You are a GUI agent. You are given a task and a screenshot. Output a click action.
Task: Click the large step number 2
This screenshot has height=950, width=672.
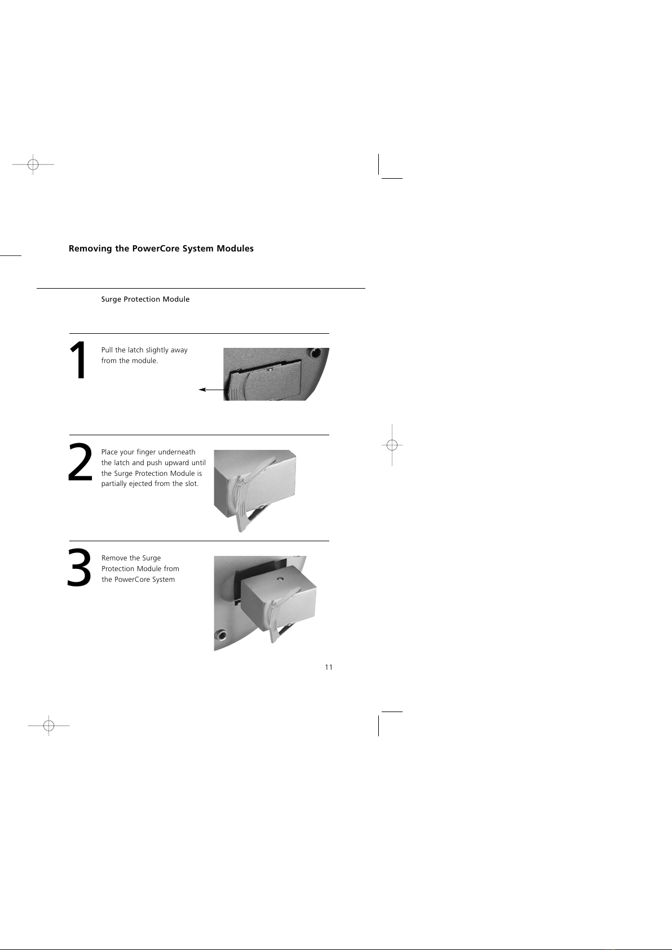pos(79,462)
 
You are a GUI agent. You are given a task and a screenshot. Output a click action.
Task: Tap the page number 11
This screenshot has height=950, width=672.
pos(329,667)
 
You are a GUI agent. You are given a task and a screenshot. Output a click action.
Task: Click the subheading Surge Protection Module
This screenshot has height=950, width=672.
pos(145,299)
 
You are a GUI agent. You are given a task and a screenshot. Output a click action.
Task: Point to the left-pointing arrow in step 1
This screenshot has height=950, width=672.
pos(214,390)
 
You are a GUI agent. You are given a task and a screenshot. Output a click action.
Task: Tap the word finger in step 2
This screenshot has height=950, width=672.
pos(146,453)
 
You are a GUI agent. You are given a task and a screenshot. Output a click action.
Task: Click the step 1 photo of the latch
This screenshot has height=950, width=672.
pos(276,374)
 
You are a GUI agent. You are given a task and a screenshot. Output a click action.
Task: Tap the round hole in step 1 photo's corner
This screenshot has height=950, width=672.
pos(316,352)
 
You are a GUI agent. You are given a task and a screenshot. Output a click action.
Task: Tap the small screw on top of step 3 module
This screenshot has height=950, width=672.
pos(280,578)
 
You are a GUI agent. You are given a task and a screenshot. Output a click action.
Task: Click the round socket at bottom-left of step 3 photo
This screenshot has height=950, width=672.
pos(222,635)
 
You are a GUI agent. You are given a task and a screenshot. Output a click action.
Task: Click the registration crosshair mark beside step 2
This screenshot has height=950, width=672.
pos(392,445)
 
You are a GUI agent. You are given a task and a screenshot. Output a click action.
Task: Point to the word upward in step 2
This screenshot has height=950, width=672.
pos(177,463)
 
